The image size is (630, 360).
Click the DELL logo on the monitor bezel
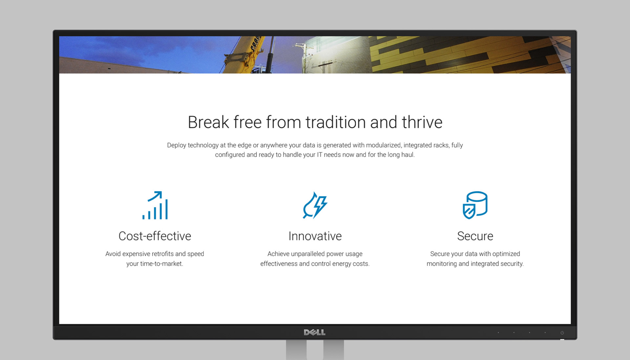(x=315, y=332)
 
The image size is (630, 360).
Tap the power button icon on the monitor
(x=562, y=333)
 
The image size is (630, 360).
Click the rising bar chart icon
(x=155, y=205)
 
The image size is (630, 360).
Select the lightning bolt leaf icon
(x=315, y=205)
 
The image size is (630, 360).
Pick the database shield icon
(x=475, y=205)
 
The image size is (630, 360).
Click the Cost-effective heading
(x=155, y=236)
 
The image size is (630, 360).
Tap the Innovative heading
(x=315, y=236)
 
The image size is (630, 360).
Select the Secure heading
(x=475, y=236)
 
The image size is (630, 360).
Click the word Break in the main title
(x=208, y=122)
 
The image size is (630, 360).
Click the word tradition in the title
(x=336, y=122)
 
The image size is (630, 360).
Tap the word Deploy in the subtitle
(x=177, y=145)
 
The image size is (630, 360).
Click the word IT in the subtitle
(x=319, y=155)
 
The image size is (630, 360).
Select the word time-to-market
(x=161, y=264)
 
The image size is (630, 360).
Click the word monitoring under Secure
(x=442, y=264)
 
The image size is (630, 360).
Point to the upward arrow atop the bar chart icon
(x=155, y=196)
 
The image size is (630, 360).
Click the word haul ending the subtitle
(x=408, y=155)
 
